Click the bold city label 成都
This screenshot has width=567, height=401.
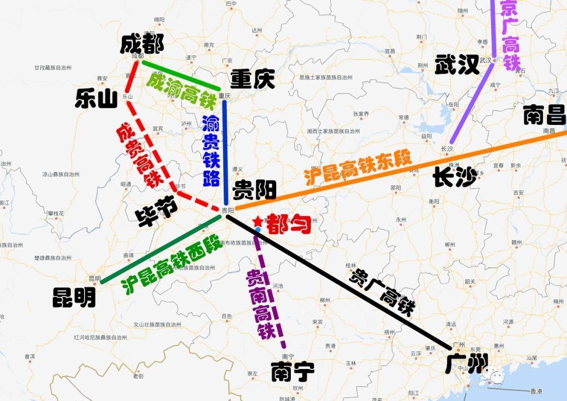[x=141, y=44]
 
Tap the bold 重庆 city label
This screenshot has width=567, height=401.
[x=253, y=80]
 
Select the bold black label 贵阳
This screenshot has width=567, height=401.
[x=255, y=189]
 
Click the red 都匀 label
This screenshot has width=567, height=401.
[x=289, y=225]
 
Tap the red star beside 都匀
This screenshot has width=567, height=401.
[x=258, y=222]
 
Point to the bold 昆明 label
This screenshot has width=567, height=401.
[x=74, y=298]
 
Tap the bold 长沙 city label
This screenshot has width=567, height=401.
[x=454, y=177]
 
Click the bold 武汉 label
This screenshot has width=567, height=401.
[x=457, y=65]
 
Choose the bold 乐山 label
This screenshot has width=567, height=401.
[x=96, y=98]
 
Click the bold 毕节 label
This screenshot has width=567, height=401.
[x=156, y=214]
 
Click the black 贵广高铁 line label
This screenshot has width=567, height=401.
[x=383, y=292]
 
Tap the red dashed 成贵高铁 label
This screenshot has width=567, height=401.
[x=138, y=156]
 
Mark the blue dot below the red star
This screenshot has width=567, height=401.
[x=258, y=230]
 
